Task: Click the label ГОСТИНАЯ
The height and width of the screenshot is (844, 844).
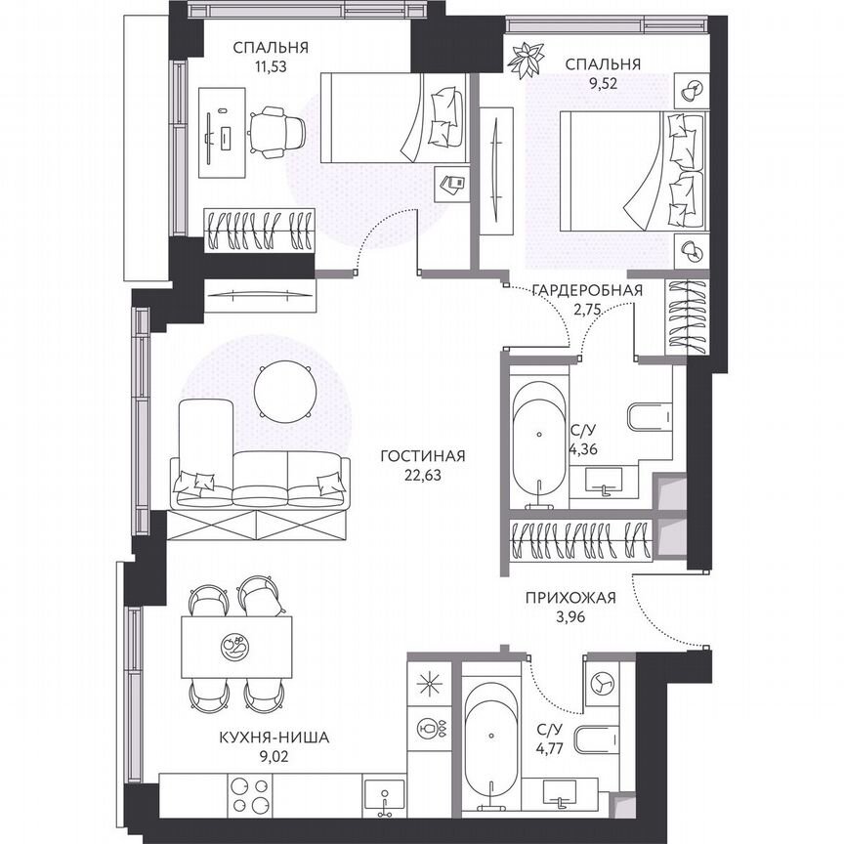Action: pyautogui.click(x=423, y=455)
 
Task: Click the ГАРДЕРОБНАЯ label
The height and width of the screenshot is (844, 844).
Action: pyautogui.click(x=586, y=289)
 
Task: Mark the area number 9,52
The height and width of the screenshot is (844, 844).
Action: pyautogui.click(x=602, y=83)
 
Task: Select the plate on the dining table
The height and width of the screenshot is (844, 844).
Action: pyautogui.click(x=235, y=646)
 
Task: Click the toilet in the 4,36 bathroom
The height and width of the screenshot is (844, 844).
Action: pyautogui.click(x=651, y=418)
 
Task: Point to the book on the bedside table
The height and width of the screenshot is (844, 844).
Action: pyautogui.click(x=450, y=184)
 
